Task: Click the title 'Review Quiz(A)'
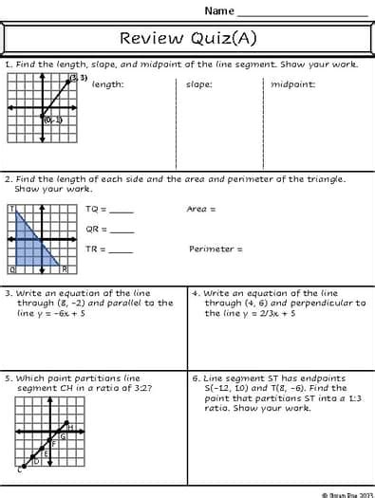tap(188, 39)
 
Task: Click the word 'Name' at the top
tap(218, 10)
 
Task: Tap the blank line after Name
tap(301, 13)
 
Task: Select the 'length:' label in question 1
tap(107, 84)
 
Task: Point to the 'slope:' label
tap(198, 84)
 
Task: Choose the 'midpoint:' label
tap(293, 84)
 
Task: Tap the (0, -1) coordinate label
tap(52, 120)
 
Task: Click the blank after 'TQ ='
tap(122, 212)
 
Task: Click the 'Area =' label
tap(201, 209)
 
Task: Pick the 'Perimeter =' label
tap(216, 249)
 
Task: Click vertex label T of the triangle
tap(11, 209)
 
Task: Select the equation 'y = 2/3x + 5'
tap(252, 313)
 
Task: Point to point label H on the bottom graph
tap(70, 428)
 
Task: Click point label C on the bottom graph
tap(18, 469)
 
